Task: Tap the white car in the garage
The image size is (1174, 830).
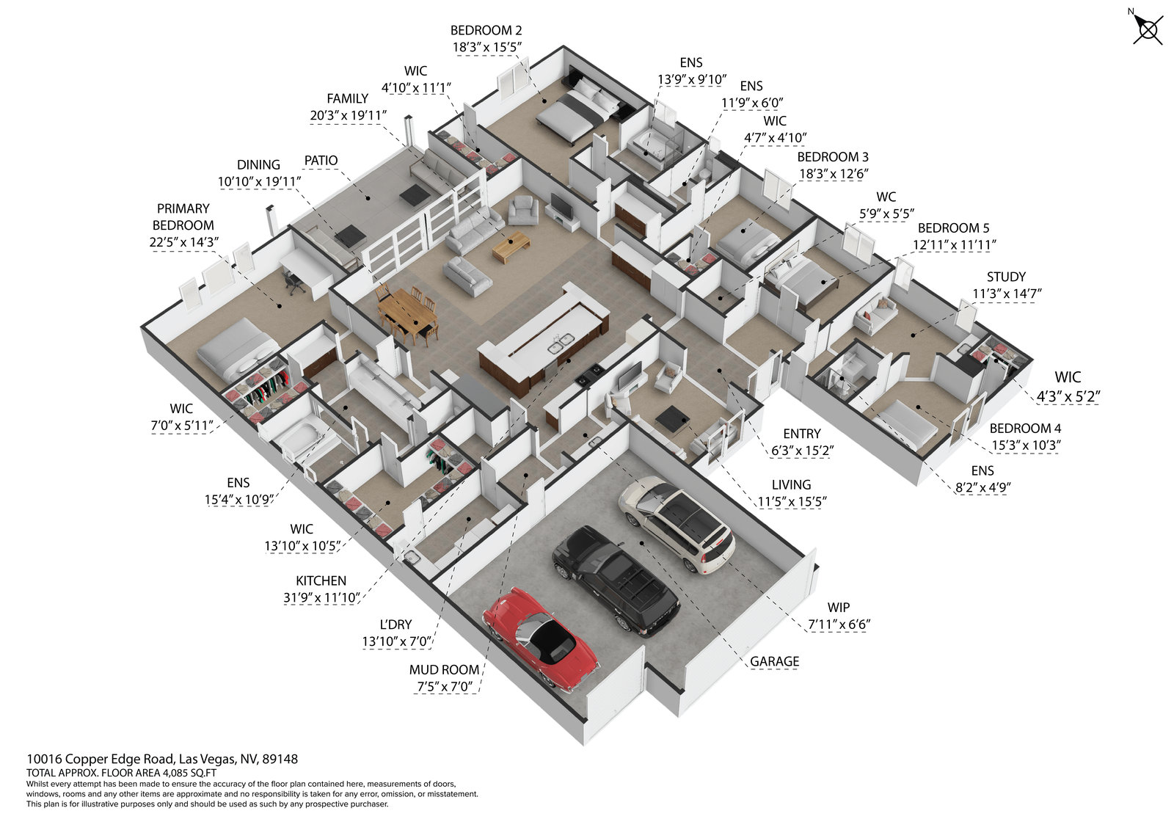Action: coord(676,522)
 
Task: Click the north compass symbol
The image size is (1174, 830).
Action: coord(1147,29)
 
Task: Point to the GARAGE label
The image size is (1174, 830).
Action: coord(774,661)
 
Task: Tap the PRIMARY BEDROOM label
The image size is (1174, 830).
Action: coord(183,216)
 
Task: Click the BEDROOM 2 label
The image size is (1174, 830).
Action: coord(486,30)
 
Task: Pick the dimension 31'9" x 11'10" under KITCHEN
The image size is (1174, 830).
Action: coord(321,597)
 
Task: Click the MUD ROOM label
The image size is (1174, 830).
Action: coord(444,669)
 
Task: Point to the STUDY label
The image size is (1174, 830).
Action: coord(1006,277)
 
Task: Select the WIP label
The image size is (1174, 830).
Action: coord(839,607)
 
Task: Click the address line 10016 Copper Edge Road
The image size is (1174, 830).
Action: coord(162,759)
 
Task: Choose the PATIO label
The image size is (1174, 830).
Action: coord(321,161)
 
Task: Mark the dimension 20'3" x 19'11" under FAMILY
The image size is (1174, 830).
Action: coord(348,115)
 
